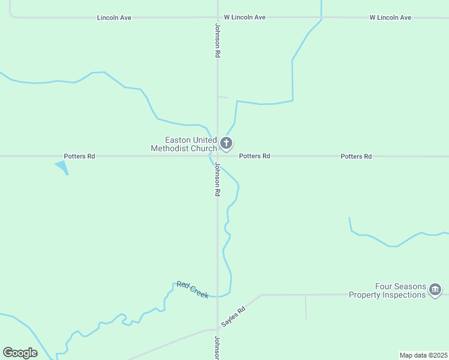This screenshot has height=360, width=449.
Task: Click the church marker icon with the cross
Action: [226, 143]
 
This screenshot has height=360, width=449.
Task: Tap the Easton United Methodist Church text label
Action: [183, 144]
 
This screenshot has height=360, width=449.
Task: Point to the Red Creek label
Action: [193, 289]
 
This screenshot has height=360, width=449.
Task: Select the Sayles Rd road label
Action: [234, 317]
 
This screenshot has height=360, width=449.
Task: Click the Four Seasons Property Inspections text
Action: [400, 291]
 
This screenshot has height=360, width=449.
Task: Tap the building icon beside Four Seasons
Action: [435, 291]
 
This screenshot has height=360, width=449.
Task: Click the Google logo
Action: [20, 353]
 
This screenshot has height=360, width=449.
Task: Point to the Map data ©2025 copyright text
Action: [423, 355]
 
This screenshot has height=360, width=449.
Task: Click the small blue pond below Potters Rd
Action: [62, 166]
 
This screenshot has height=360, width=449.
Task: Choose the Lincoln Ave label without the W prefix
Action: [114, 17]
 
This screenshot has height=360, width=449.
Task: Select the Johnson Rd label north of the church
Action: [217, 40]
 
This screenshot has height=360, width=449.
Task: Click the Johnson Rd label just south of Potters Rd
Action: [217, 180]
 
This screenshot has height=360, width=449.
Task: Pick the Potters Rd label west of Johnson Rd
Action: [79, 156]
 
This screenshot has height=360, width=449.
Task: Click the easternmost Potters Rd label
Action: [356, 156]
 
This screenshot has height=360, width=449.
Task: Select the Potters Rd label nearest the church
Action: [255, 156]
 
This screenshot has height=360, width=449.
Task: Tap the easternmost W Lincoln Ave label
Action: [390, 17]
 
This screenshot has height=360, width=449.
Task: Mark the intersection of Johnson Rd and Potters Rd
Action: [217, 156]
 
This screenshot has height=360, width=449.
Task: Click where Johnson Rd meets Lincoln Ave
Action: [217, 17]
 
